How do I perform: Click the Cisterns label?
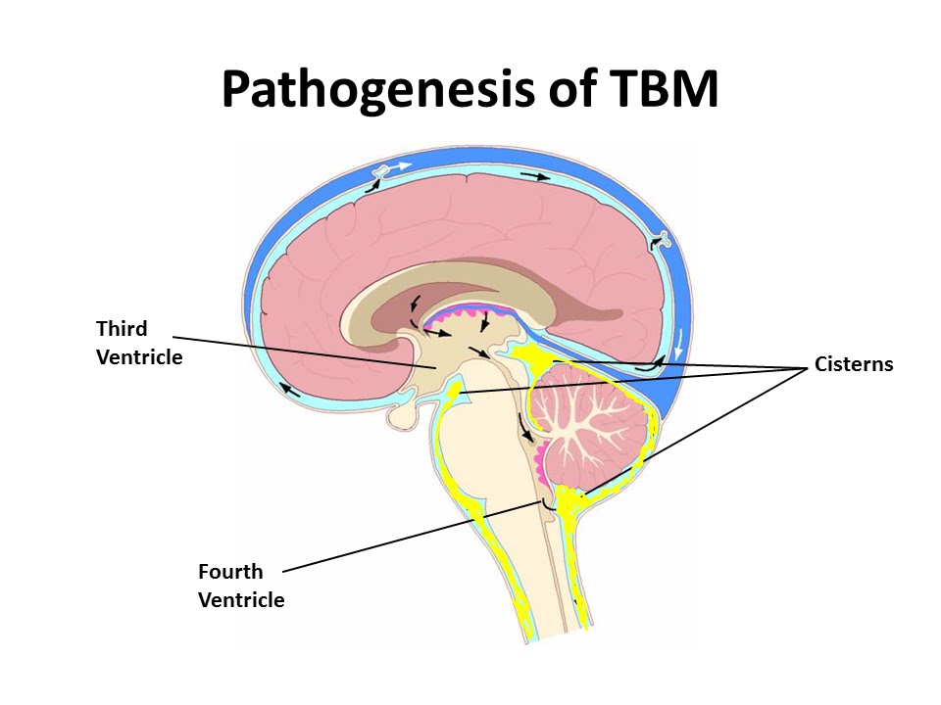pos(854,364)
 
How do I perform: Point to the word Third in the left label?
pos(122,328)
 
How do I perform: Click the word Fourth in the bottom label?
pos(230,572)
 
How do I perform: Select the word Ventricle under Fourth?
pos(241,600)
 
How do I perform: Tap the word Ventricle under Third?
pos(139,357)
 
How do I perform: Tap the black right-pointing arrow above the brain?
pos(535,176)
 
